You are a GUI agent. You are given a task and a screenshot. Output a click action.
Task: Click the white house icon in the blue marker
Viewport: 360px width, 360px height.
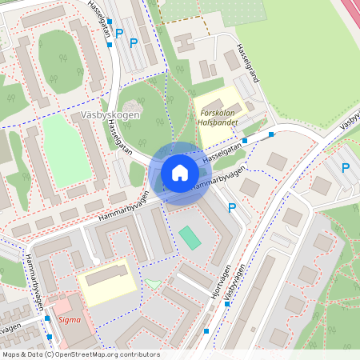coord(179,173)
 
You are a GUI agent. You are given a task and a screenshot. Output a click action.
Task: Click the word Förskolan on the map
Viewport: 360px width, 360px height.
coord(218,112)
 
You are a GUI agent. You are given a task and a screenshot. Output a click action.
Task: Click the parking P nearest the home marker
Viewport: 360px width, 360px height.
coord(232,208)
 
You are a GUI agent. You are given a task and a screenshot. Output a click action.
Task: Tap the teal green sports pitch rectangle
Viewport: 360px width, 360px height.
coord(190,238)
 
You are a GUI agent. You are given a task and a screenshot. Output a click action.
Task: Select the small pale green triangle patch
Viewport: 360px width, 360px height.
coord(152,283)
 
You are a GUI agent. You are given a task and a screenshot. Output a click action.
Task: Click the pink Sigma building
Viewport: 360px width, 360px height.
coord(67,312)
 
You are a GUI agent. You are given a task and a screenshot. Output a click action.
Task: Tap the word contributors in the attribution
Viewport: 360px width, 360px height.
coord(142,354)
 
